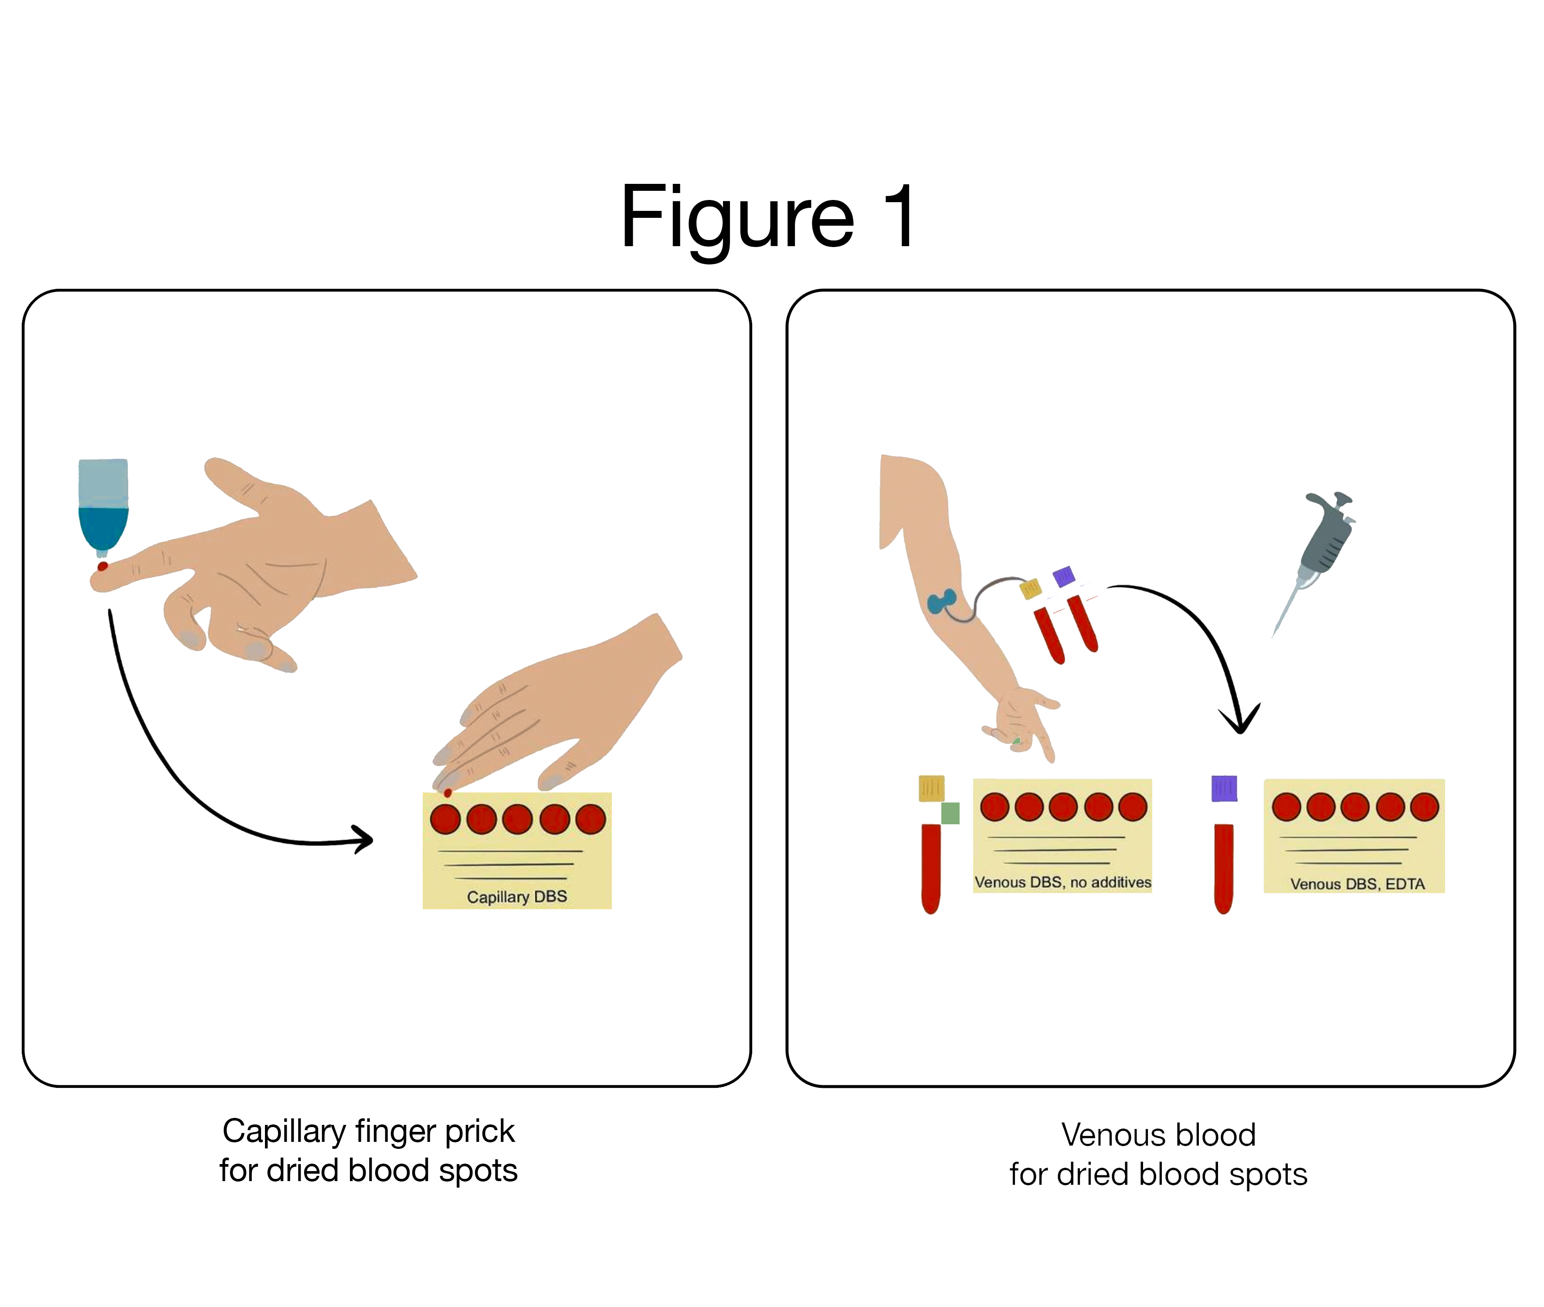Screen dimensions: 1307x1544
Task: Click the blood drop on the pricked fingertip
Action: tap(102, 567)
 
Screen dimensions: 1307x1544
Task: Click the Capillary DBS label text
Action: tap(517, 897)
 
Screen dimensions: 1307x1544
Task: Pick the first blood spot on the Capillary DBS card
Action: tap(445, 819)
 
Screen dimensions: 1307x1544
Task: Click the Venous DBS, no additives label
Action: tap(1062, 882)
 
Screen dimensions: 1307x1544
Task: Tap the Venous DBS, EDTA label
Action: tap(1357, 883)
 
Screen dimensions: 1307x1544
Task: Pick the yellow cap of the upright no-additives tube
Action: tap(931, 788)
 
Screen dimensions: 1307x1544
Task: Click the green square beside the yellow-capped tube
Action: tap(950, 813)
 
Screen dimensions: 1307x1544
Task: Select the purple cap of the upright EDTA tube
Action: tap(1224, 788)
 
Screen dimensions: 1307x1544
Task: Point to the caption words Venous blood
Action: tap(1158, 1134)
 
